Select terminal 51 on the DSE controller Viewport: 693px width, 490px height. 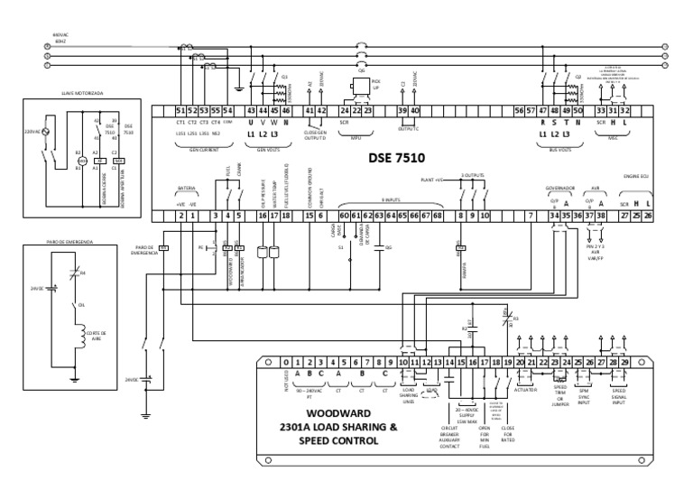click(180, 110)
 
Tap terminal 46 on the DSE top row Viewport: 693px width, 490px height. click(286, 110)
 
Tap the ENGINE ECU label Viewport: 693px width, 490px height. click(636, 177)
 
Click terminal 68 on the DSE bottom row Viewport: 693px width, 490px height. click(437, 216)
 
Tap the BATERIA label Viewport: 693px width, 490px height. click(186, 190)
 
